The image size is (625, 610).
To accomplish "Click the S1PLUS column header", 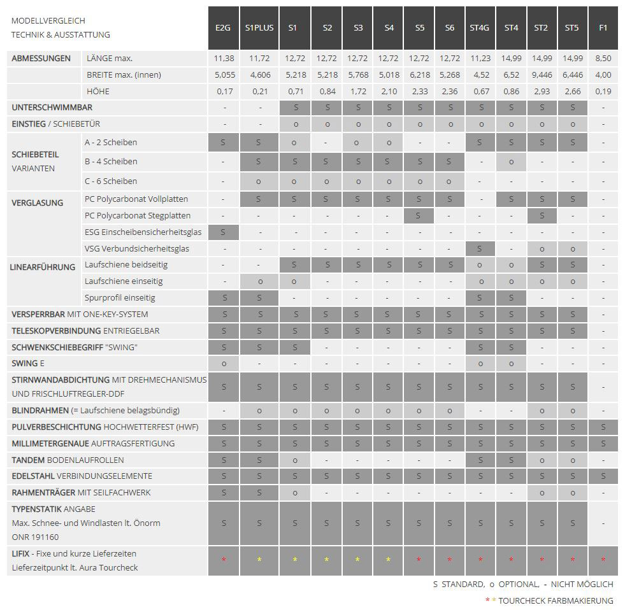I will tap(259, 28).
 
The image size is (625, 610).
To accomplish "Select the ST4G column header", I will tap(480, 28).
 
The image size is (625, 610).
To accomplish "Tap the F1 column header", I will tap(603, 28).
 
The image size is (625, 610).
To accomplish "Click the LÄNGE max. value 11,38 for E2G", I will tap(224, 59).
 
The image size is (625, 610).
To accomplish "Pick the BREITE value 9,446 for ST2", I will tap(541, 75).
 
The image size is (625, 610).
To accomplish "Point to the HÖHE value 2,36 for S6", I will tap(450, 92).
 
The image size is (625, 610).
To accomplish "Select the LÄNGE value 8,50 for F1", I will tap(603, 59).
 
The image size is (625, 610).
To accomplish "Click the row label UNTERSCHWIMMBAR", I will tap(52, 108).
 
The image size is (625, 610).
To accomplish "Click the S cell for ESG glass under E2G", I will tap(224, 232).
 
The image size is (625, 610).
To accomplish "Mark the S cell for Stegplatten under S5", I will tap(419, 216).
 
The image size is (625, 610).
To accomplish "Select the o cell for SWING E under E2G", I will tap(224, 364).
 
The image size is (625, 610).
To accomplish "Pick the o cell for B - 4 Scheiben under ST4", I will tap(511, 162).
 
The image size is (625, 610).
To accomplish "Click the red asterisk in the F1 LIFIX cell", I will tap(603, 560).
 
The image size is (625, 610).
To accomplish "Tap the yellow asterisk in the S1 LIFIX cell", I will tap(294, 560).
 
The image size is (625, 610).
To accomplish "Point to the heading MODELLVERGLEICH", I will tap(48, 21).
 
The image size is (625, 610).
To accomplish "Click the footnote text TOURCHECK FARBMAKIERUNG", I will tap(556, 600).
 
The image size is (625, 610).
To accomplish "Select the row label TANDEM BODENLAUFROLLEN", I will tap(68, 460).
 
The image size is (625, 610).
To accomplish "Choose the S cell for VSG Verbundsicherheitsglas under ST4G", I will tap(480, 248).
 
